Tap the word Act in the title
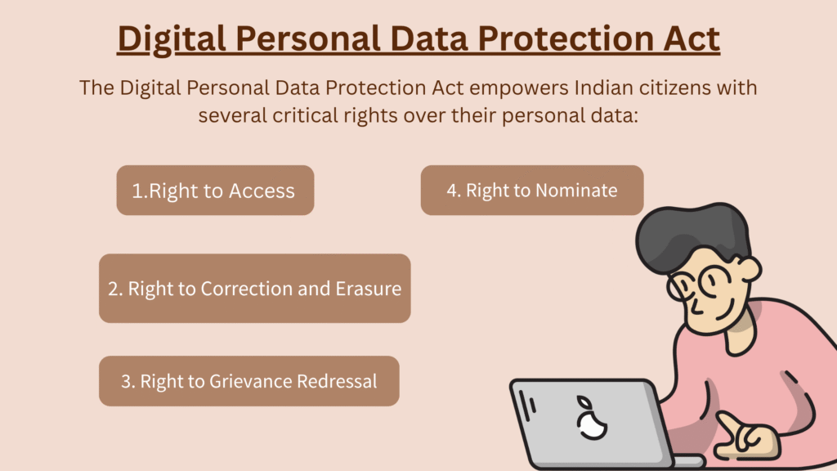tap(692, 39)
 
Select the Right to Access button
tap(215, 190)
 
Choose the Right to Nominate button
tap(532, 190)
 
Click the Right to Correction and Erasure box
tap(255, 289)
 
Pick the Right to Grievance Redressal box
tap(249, 381)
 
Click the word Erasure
tap(369, 289)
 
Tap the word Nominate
tap(576, 191)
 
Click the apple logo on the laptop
tap(591, 419)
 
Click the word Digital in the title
tap(172, 40)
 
